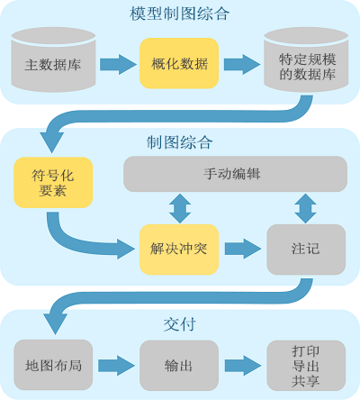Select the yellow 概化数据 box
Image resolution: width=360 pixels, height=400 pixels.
179,63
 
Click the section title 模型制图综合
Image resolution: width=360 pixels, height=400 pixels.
180,14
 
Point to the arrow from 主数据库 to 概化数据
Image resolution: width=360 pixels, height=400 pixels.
117,64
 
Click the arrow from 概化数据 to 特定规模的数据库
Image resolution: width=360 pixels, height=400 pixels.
241,64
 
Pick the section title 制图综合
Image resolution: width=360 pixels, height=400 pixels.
180,142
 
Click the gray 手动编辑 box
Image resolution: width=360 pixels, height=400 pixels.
234,173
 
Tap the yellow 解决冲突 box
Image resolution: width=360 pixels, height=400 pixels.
179,249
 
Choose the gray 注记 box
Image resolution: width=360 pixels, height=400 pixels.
305,249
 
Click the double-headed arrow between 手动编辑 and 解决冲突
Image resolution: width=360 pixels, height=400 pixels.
180,207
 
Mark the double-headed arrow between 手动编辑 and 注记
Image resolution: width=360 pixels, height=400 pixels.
305,207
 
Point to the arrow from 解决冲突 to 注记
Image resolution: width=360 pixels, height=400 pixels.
241,249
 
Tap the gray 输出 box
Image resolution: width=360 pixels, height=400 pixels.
179,365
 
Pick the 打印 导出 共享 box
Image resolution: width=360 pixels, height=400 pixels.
305,365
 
